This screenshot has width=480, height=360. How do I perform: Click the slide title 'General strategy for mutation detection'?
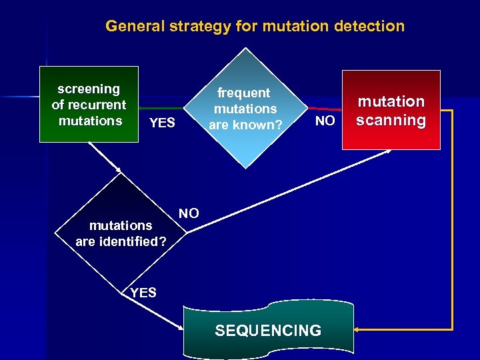point(255,27)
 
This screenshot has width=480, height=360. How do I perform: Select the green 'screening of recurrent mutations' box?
point(89,105)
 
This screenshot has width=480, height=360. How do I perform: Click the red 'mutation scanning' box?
point(391,111)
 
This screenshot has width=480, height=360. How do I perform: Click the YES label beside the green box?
point(162,123)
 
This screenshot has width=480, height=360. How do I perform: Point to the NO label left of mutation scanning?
point(325,121)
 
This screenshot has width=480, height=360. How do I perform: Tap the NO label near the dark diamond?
point(189,213)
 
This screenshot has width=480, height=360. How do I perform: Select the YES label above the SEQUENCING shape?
point(143,292)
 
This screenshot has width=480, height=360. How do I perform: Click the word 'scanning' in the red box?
point(391,121)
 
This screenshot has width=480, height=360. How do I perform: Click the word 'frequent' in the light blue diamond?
point(244,93)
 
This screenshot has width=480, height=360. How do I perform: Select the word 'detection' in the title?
point(371,27)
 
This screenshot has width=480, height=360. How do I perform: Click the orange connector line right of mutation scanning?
point(452,220)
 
